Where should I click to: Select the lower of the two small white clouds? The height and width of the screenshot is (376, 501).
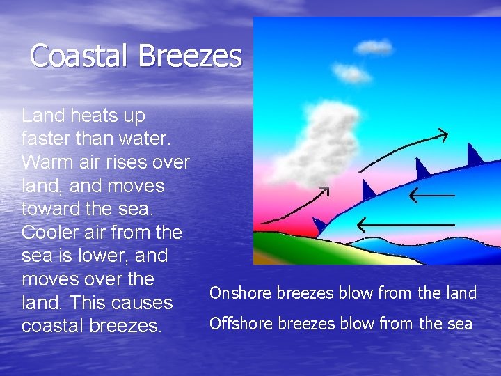pos(351,72)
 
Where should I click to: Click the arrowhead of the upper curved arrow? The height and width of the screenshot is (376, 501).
pos(443,134)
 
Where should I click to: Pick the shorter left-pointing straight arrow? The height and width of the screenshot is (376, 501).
pos(431,195)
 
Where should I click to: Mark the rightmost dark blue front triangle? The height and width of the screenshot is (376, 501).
pos(474,155)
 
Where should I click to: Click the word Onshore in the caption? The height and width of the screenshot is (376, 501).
pos(241,293)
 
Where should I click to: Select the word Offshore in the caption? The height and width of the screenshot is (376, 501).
pos(241,324)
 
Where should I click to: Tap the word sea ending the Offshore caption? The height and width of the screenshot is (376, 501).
pos(460,324)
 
